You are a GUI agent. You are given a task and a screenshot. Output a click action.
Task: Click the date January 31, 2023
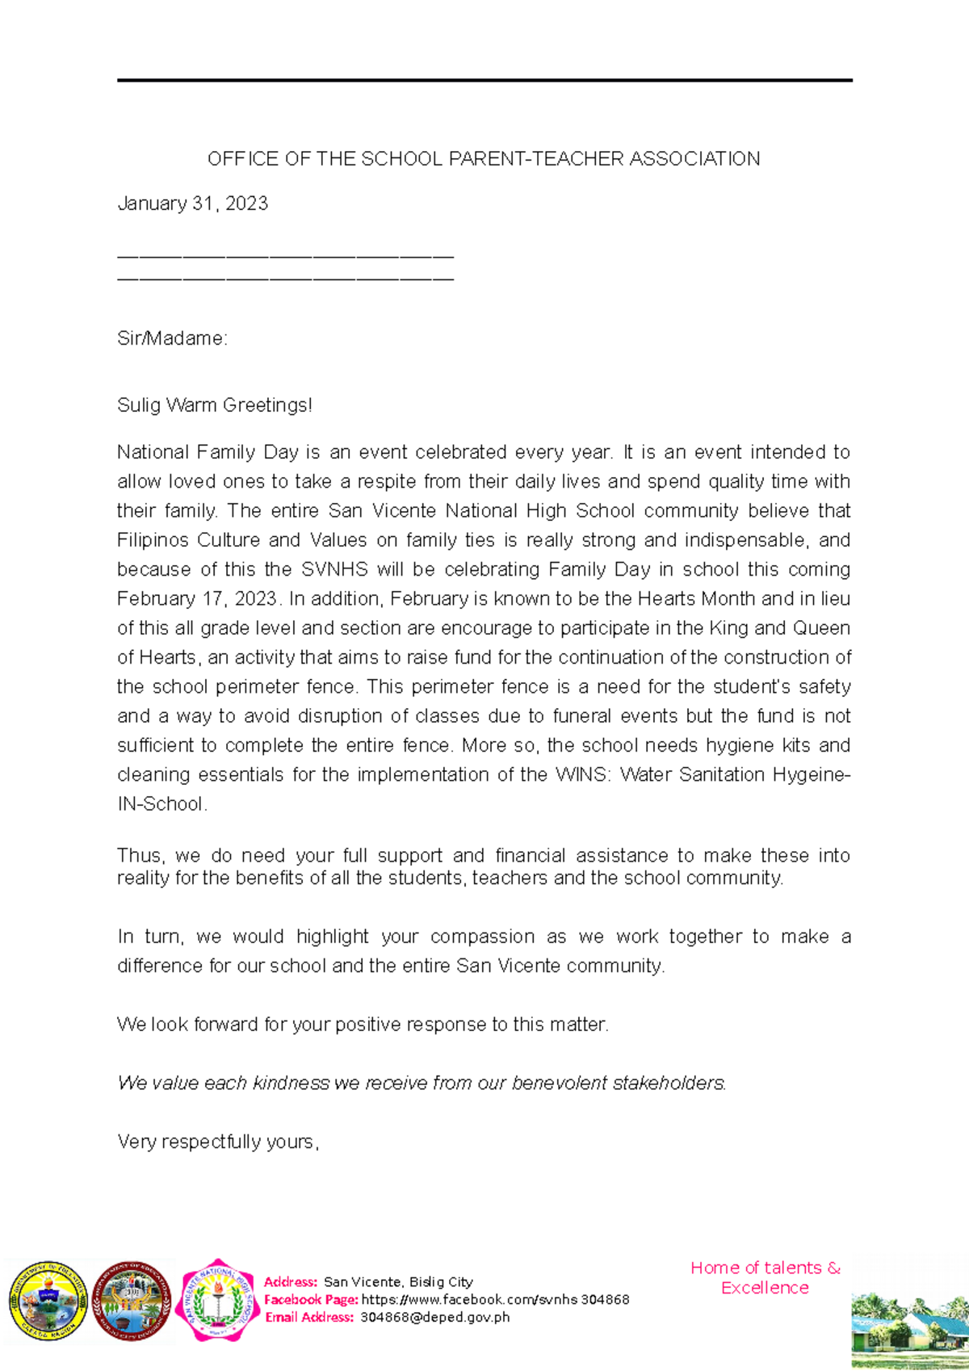[192, 203]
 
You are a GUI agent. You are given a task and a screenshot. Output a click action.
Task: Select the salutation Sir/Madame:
[172, 338]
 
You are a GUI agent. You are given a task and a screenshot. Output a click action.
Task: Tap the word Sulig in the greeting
[139, 405]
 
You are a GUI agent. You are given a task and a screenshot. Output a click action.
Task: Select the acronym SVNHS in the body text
[334, 569]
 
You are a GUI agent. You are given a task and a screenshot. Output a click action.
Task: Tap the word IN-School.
[161, 804]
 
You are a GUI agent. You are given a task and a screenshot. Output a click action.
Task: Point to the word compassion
[482, 937]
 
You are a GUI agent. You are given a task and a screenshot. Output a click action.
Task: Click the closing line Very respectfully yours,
[218, 1142]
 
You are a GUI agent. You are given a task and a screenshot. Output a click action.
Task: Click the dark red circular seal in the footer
[132, 1300]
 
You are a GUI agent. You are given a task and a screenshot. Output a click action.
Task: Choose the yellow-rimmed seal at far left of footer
[48, 1300]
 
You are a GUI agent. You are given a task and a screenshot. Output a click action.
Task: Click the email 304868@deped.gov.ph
[434, 1317]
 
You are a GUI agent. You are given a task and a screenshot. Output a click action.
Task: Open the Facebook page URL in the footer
[495, 1299]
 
